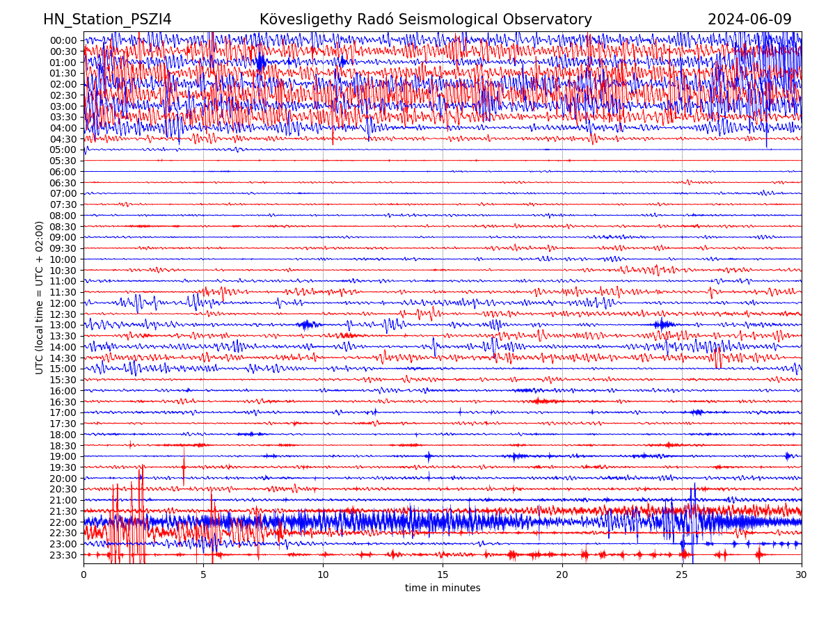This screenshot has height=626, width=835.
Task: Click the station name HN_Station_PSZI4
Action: click(x=107, y=19)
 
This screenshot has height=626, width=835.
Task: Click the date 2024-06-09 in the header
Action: click(x=749, y=19)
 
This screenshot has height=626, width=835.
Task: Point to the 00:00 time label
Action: click(x=63, y=40)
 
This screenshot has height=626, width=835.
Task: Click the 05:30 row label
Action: click(x=63, y=161)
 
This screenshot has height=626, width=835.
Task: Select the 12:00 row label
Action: click(x=63, y=303)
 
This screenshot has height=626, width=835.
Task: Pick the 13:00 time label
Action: click(x=63, y=325)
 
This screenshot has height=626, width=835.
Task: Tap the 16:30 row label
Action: click(x=63, y=402)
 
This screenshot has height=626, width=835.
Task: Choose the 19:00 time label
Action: click(x=63, y=456)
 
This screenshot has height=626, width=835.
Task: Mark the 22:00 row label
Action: click(x=63, y=522)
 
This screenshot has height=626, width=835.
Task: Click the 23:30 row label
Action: click(x=63, y=555)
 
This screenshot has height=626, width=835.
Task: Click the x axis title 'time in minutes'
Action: click(x=443, y=588)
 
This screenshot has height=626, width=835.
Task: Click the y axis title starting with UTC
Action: click(x=40, y=298)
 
